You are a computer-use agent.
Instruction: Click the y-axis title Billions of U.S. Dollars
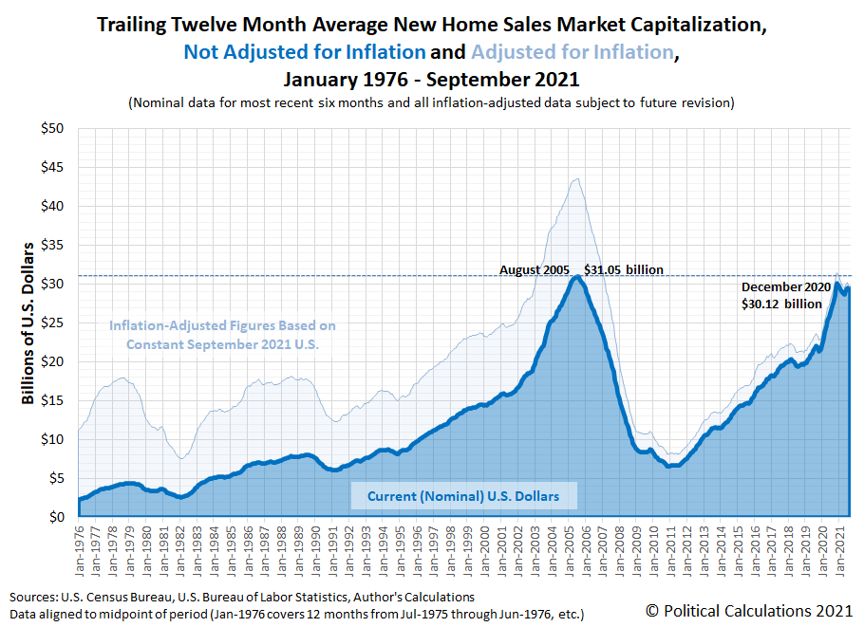coord(28,323)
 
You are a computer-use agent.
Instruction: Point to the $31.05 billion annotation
coord(623,269)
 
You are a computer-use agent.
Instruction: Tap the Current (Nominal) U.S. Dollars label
coord(463,495)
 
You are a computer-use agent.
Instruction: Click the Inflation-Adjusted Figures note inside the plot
coord(222,335)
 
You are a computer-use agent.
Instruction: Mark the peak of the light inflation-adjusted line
coord(575,178)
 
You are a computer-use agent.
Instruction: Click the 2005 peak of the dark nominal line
coord(575,276)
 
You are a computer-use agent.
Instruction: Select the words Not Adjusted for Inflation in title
coord(304,52)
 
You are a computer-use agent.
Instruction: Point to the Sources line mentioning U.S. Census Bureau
coord(242,597)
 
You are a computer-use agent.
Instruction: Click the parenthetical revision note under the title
coord(431,102)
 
